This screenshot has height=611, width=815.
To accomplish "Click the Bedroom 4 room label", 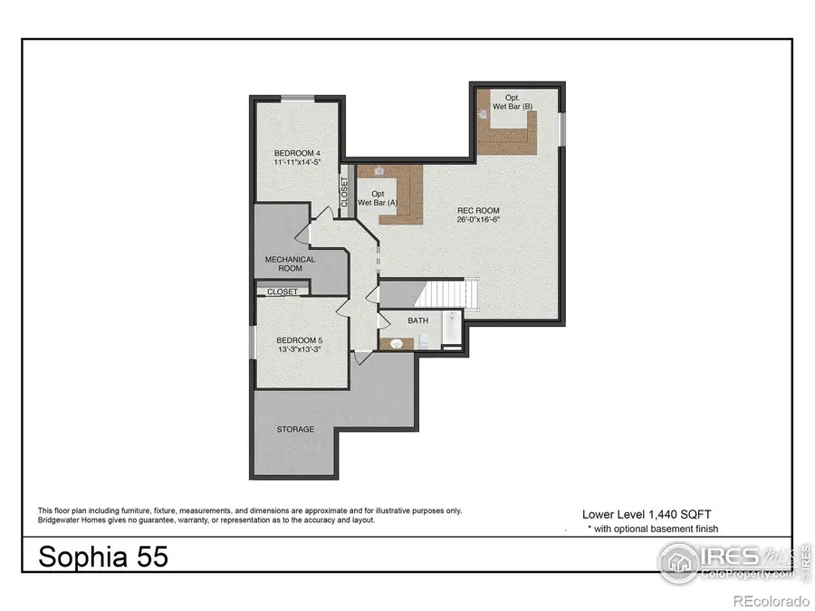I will click(x=297, y=152).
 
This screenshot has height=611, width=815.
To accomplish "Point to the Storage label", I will click(x=295, y=429).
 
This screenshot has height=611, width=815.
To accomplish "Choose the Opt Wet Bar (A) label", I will click(x=378, y=198).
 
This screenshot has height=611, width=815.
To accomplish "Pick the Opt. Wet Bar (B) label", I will click(x=513, y=102).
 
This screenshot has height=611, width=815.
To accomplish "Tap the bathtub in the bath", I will click(x=451, y=331).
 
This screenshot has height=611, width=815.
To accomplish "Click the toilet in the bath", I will click(x=422, y=341).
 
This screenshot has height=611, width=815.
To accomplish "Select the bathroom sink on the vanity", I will click(x=395, y=342).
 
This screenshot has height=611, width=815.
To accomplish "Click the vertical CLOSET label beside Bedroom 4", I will click(x=344, y=192).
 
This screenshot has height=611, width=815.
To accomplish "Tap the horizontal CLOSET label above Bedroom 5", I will click(x=283, y=292).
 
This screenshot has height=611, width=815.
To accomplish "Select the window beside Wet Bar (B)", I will click(x=561, y=127).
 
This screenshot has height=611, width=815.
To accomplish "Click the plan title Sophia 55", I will click(x=102, y=557).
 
